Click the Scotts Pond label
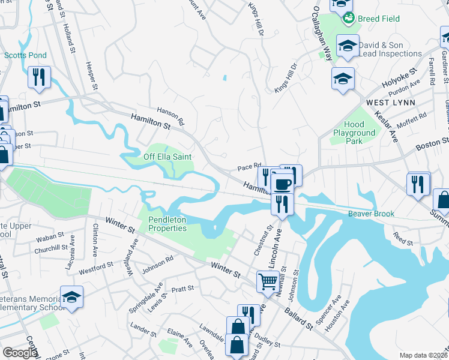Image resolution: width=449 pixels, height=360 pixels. (25, 55)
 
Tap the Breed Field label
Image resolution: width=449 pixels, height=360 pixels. (378, 19)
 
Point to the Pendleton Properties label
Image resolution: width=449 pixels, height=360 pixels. (167, 224)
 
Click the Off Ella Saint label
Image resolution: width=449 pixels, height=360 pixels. (167, 157)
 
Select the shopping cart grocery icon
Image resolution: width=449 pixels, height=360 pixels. (268, 281)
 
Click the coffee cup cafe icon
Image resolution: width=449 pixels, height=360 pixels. (282, 184)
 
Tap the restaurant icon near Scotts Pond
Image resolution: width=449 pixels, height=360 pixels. (39, 77)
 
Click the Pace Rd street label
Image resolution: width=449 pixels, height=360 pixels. (250, 166)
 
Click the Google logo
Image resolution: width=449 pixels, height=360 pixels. (20, 353)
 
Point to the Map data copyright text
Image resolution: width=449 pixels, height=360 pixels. (423, 355)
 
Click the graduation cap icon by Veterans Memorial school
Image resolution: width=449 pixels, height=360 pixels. (71, 298)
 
